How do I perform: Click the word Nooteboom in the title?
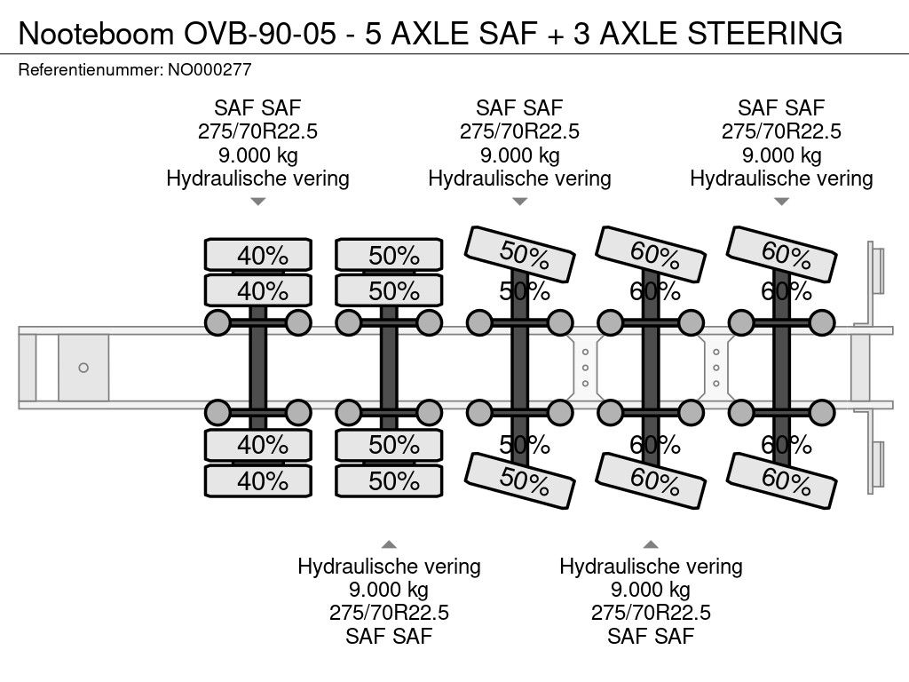coord(96,34)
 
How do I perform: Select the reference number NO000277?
coord(209,70)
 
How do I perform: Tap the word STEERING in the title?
coord(764,34)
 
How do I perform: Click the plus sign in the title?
coord(556,36)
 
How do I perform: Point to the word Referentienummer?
coord(91,70)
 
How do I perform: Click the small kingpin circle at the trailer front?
coord(83,368)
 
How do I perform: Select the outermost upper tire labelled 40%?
coord(258,255)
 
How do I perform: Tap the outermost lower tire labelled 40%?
coord(258,480)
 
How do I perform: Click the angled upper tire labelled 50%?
coord(519,255)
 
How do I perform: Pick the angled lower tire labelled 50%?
coord(519,480)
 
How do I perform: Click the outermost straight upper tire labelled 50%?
coord(389,255)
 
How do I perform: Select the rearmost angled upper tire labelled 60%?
coord(781,255)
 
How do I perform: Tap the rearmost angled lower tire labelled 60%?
coord(781,480)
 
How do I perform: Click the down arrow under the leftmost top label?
coord(258,202)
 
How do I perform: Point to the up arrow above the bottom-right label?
coord(651,544)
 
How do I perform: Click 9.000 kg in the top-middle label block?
coord(519,155)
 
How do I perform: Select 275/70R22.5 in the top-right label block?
coord(781,131)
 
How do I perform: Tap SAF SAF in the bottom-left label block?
coord(389,636)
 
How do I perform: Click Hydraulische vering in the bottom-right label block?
coord(651,566)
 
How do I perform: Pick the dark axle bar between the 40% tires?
coord(258,368)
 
